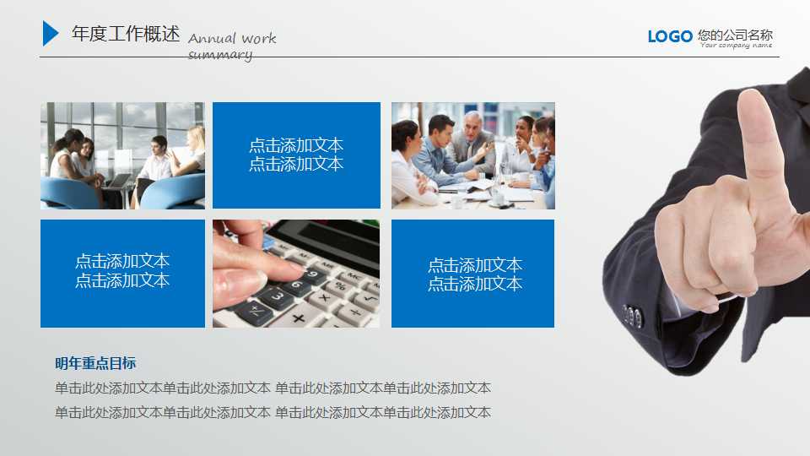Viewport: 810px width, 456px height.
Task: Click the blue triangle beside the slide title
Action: (x=50, y=33)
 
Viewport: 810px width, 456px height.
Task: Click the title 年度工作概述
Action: (x=126, y=34)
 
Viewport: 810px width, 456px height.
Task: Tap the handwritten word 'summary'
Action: (x=220, y=55)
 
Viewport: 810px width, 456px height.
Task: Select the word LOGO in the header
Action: (x=670, y=35)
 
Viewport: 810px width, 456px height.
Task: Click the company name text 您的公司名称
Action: (x=735, y=35)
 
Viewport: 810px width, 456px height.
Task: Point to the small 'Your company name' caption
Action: (x=736, y=46)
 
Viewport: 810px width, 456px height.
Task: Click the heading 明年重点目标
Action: (x=95, y=363)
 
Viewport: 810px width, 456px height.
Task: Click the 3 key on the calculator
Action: (x=278, y=296)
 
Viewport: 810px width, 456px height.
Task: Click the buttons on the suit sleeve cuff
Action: (x=632, y=316)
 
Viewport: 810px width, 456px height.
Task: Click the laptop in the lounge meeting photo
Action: (x=118, y=180)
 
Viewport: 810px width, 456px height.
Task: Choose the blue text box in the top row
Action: (x=296, y=155)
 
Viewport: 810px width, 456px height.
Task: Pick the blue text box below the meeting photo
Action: (x=472, y=274)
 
